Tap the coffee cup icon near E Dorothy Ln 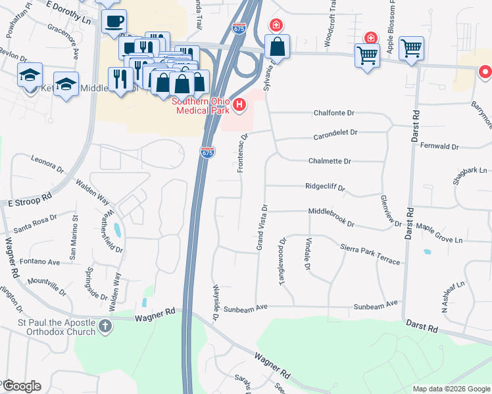(x=114, y=21)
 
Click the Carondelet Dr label (x=335, y=133)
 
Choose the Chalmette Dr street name (x=330, y=161)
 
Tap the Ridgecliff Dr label (x=325, y=186)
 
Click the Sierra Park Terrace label (x=370, y=252)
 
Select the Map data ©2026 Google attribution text (x=451, y=389)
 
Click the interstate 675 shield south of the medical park (x=207, y=152)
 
